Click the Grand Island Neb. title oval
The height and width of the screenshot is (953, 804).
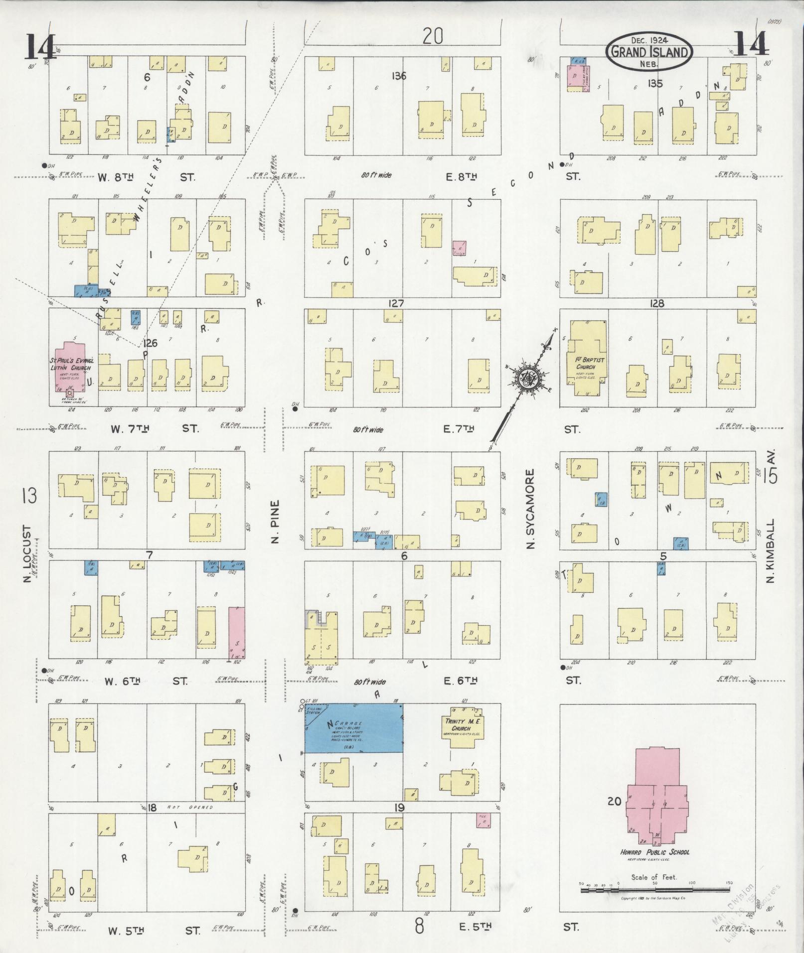pos(649,52)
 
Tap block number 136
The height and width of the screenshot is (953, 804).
pos(399,76)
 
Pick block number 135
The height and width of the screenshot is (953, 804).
pos(655,83)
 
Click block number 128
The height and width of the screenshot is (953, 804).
pos(657,303)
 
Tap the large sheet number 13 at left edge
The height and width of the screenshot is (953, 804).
pos(29,496)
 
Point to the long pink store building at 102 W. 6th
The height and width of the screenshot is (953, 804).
pos(236,633)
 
